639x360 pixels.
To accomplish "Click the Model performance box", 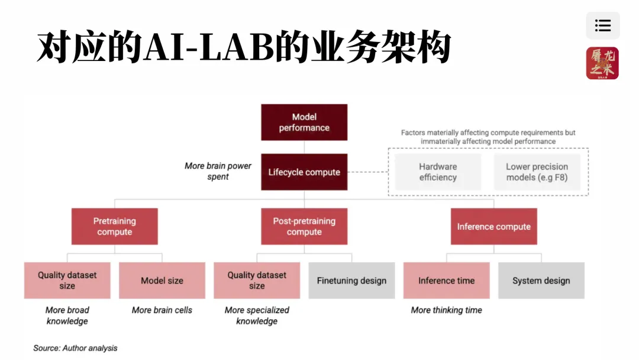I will (304, 122).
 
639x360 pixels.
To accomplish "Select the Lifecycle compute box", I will (304, 172).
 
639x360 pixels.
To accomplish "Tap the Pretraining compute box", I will (115, 226).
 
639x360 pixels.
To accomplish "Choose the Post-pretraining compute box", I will (304, 226).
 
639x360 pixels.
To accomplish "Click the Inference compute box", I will (493, 226).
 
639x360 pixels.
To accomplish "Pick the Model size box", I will (162, 281).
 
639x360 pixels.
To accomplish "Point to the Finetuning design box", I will (351, 281).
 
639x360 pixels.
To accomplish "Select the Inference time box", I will (446, 281).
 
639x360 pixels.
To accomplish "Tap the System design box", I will (541, 281).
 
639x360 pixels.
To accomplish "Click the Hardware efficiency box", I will (438, 172).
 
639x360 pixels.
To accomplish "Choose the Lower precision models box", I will (537, 172).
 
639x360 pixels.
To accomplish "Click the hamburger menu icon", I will (603, 25).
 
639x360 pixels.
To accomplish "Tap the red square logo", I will (602, 63).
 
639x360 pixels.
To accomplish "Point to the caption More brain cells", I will (162, 310).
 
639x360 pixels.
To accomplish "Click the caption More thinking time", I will (446, 310).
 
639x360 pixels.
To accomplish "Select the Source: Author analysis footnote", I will (75, 348).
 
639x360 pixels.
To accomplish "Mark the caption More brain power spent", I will (218, 171).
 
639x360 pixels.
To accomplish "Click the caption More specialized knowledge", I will (257, 315).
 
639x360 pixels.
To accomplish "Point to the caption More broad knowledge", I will (67, 315).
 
